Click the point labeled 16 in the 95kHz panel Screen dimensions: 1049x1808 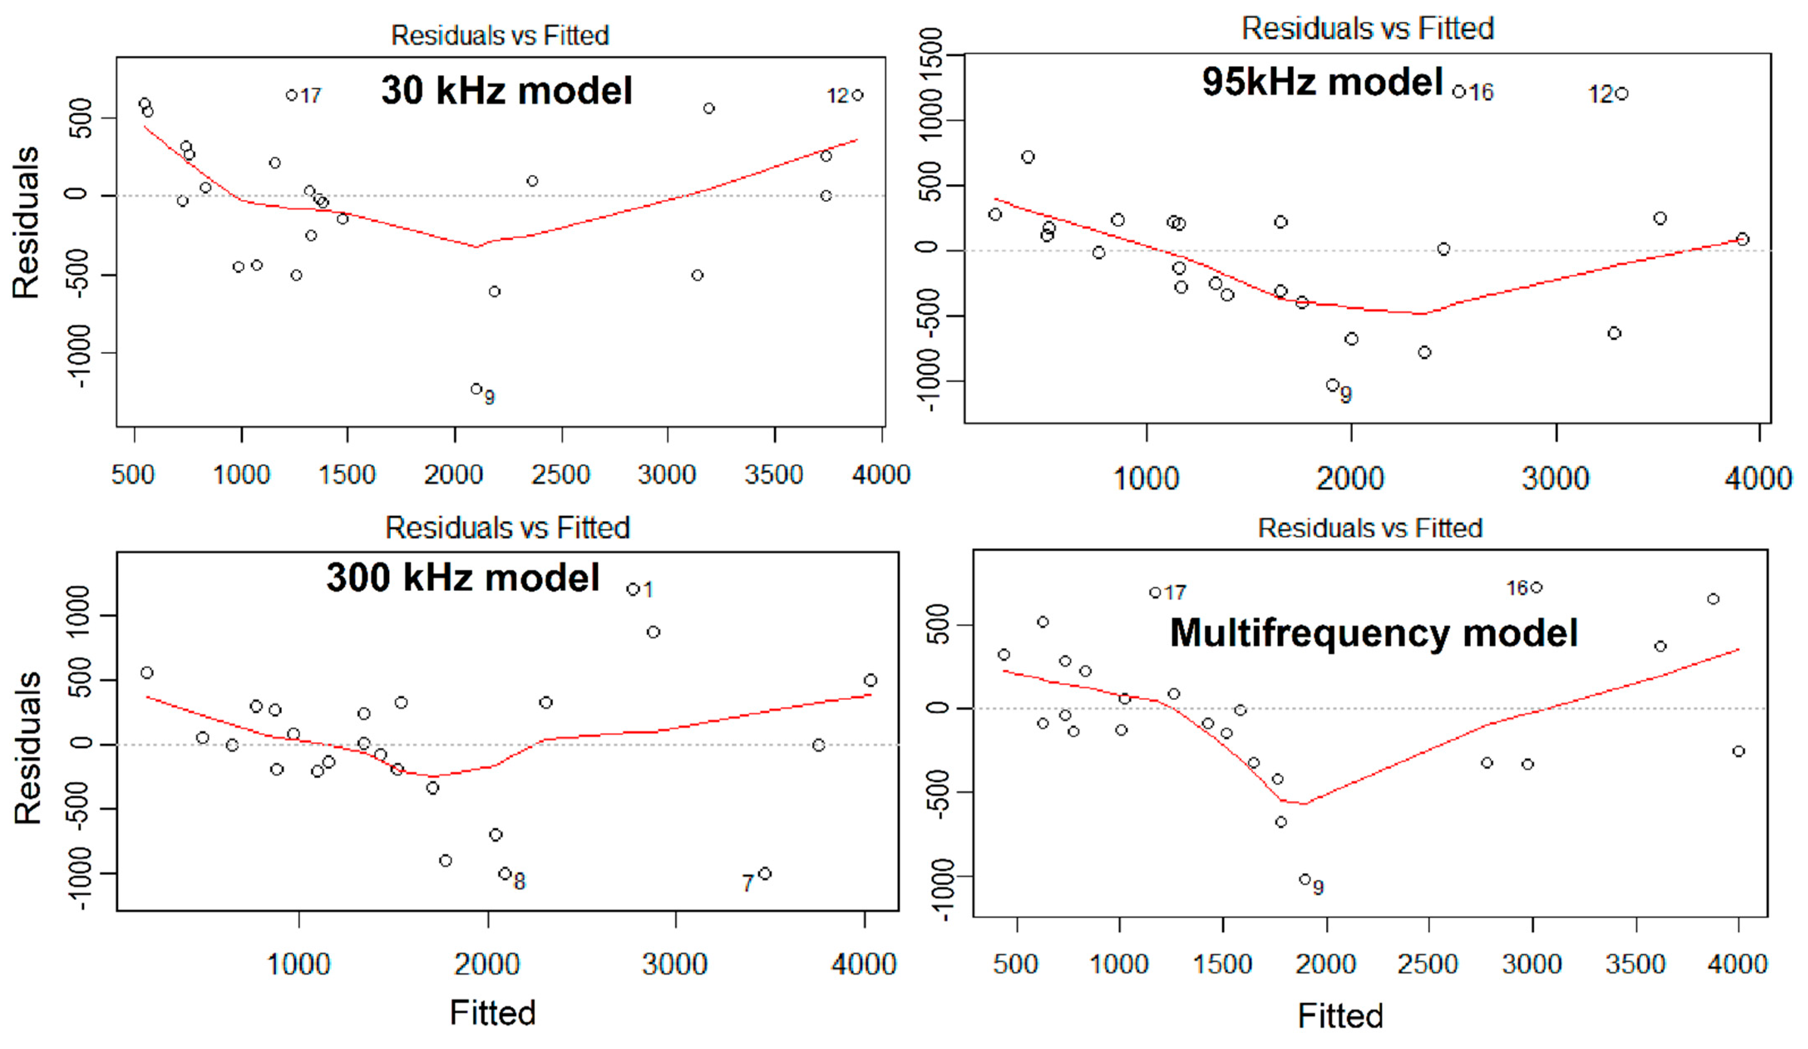[1459, 92]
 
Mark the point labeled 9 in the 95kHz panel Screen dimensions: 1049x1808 [1332, 385]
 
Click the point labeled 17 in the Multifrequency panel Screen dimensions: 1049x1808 [1155, 592]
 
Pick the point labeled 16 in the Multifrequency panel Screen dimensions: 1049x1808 [1536, 587]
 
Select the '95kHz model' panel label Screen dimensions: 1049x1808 [1322, 82]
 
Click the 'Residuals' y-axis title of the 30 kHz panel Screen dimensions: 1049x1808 [26, 222]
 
